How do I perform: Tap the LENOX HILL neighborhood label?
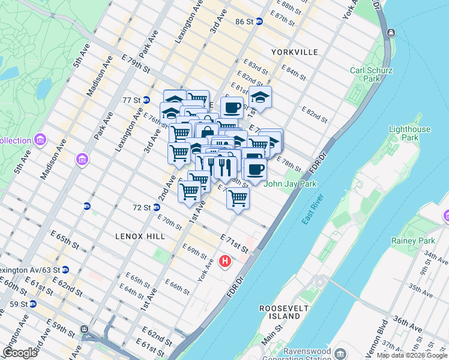[x=140, y=237]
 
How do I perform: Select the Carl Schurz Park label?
[x=372, y=74]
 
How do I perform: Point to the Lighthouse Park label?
[x=409, y=133]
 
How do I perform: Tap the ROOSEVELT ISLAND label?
[x=279, y=311]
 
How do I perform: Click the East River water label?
[x=313, y=209]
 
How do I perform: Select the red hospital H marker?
[x=225, y=261]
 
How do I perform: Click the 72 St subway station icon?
[x=156, y=208]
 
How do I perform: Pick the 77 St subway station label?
[x=131, y=100]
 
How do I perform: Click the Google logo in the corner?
[x=20, y=352]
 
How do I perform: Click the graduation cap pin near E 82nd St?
[x=260, y=97]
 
